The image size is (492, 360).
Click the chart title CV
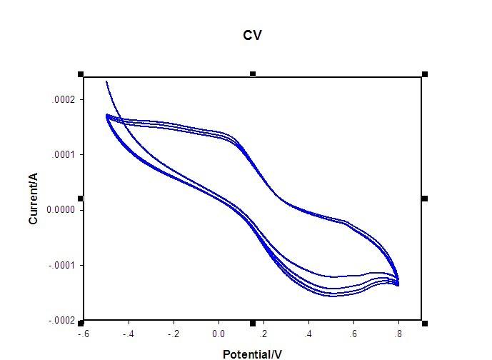pos(252,35)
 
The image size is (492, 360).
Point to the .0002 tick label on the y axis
pos(63,99)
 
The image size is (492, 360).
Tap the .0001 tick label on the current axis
pos(63,155)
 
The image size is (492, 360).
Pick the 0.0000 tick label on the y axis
pos(61,210)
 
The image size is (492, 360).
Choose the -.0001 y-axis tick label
pos(61,266)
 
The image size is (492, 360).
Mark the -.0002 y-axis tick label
pos(61,321)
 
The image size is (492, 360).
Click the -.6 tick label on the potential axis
pos(84,334)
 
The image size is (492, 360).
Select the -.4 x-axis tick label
pos(129,334)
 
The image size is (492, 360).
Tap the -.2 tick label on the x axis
pos(174,334)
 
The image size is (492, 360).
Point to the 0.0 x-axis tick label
pos(219,334)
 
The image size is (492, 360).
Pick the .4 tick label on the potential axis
pos(308,334)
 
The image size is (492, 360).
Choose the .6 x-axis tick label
pos(353,334)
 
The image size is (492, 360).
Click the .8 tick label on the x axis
pos(398,334)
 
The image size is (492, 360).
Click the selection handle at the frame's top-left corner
pos(81,74)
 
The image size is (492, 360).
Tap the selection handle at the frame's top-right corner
pos(425,74)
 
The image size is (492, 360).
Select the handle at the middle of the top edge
pos(253,74)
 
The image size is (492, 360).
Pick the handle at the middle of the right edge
pos(425,199)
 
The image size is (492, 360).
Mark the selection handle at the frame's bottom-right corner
pos(425,323)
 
